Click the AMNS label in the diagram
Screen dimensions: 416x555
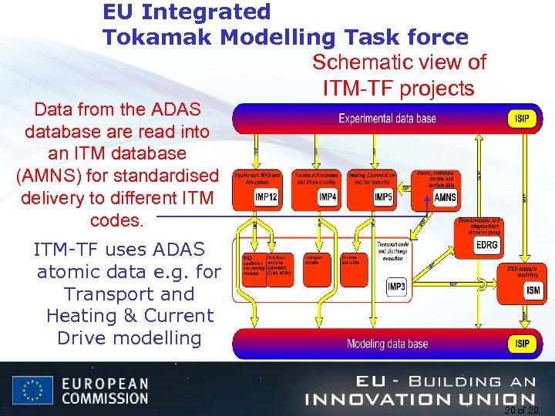coord(445,197)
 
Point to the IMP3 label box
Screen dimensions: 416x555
coord(396,287)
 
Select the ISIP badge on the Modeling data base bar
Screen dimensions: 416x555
coord(522,343)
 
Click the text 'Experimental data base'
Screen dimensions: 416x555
coord(387,118)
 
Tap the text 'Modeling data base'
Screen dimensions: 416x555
coord(387,344)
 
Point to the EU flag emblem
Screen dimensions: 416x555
coord(32,390)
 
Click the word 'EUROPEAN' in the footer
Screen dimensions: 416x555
coord(105,383)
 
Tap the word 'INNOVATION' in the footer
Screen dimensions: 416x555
coord(378,398)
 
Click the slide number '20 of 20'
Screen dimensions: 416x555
coord(522,410)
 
